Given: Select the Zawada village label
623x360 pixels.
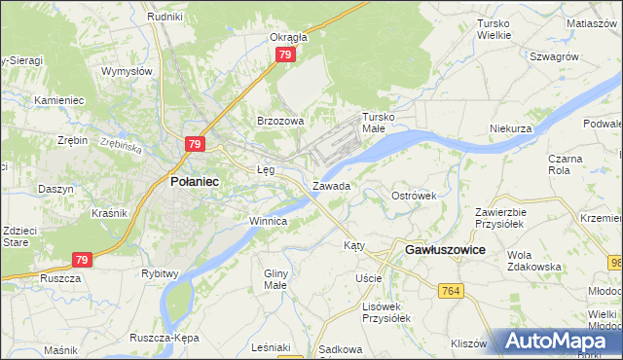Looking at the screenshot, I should [331, 185].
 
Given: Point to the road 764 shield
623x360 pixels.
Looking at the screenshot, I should [450, 291].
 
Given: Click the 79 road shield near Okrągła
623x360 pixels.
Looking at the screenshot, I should [284, 55].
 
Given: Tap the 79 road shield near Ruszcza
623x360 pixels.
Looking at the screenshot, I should [84, 260].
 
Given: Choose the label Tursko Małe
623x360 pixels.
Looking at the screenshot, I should [381, 122].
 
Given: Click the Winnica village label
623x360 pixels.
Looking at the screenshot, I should [268, 221].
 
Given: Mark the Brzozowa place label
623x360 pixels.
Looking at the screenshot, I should [280, 121].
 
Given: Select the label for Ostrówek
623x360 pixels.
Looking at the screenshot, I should [414, 196].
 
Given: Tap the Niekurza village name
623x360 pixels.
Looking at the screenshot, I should [511, 128].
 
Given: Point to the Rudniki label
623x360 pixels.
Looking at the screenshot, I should [165, 17].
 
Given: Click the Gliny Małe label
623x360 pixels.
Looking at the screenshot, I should [277, 279].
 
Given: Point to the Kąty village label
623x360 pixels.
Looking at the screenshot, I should [354, 246].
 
